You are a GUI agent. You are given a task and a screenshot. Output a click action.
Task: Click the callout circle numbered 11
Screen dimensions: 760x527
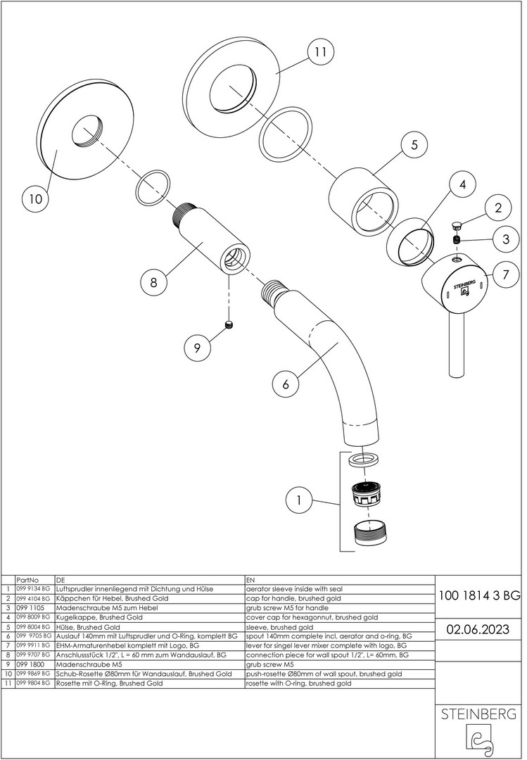(x=320, y=51)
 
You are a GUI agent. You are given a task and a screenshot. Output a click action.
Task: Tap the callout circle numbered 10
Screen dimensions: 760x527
(x=35, y=199)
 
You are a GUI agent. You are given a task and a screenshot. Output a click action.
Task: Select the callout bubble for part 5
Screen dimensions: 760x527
(x=414, y=145)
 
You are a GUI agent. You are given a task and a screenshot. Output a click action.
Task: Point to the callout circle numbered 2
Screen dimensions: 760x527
(x=498, y=208)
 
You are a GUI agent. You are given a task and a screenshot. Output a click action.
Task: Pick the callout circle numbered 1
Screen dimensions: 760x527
(x=300, y=501)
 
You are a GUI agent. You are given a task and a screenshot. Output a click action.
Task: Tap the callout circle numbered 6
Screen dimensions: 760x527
(x=286, y=384)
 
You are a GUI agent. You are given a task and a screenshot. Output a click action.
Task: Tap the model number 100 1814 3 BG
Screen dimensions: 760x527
(x=479, y=595)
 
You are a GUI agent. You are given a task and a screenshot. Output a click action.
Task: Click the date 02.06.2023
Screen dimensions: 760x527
(x=479, y=628)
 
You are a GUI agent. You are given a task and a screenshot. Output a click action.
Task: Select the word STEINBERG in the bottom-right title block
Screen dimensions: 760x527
(x=478, y=714)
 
